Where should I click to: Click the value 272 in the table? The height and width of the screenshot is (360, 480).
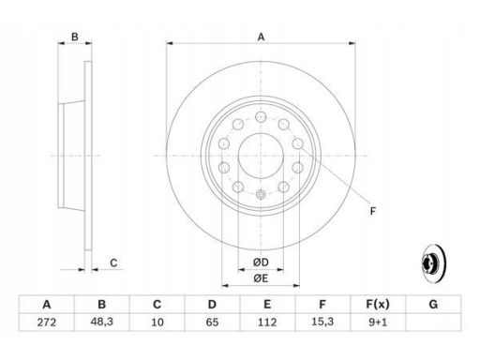[47, 322]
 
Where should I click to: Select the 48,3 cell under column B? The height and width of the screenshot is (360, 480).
[101, 322]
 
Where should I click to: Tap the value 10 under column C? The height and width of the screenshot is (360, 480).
[157, 322]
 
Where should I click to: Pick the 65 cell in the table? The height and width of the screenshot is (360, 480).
[212, 322]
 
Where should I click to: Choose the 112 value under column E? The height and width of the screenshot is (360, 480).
[267, 322]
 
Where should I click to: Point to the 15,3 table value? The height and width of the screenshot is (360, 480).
[322, 322]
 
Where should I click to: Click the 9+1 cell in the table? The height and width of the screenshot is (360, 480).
[378, 322]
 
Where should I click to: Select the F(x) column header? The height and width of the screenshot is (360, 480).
[378, 304]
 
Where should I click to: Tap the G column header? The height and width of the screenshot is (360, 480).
[433, 304]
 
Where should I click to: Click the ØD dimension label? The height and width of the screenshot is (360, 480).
[261, 262]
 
